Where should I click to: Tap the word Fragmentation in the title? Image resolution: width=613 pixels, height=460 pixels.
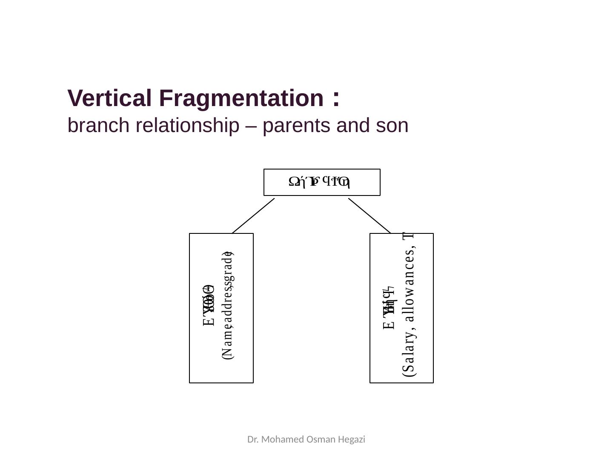[x=241, y=98]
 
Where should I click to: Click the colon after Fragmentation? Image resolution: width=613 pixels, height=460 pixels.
[x=336, y=98]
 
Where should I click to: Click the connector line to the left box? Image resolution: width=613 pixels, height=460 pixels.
[x=253, y=216]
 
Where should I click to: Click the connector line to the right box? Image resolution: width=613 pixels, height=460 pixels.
[x=369, y=216]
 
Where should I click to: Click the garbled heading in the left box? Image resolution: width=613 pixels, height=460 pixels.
[x=209, y=305]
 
